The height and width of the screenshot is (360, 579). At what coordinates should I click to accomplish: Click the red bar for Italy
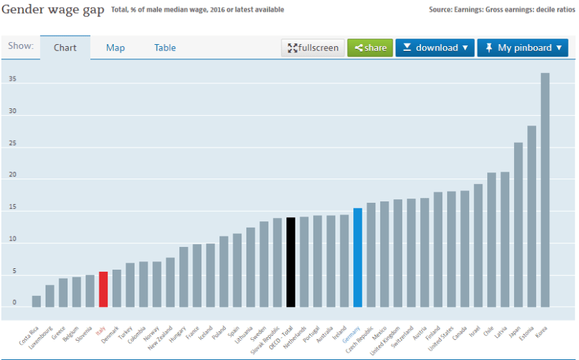pyautogui.click(x=103, y=289)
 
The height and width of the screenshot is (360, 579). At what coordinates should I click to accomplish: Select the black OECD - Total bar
pyautogui.click(x=291, y=262)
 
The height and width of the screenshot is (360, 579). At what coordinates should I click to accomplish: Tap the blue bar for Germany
pyautogui.click(x=357, y=257)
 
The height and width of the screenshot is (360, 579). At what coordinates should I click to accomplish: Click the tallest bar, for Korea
pyautogui.click(x=544, y=190)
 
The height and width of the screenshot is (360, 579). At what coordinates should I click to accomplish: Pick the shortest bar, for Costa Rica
pyautogui.click(x=36, y=301)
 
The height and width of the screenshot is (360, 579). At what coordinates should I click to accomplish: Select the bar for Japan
pyautogui.click(x=518, y=224)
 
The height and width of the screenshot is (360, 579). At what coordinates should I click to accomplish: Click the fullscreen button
pyautogui.click(x=313, y=48)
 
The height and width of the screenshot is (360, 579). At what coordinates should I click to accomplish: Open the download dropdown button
pyautogui.click(x=435, y=48)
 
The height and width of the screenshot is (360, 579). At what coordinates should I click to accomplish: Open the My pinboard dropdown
pyautogui.click(x=522, y=48)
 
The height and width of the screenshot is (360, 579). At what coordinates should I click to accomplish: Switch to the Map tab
pyautogui.click(x=115, y=48)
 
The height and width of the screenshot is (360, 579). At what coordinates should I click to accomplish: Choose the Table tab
pyautogui.click(x=165, y=48)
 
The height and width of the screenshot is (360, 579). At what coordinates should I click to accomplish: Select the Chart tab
pyautogui.click(x=65, y=48)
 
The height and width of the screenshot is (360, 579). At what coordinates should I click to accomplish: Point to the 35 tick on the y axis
pyautogui.click(x=12, y=79)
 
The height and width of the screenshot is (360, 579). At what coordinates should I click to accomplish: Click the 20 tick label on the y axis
pyautogui.click(x=12, y=175)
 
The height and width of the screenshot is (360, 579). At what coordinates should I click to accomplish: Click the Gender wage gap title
pyautogui.click(x=53, y=10)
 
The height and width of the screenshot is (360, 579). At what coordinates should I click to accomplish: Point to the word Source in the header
pyautogui.click(x=442, y=10)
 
